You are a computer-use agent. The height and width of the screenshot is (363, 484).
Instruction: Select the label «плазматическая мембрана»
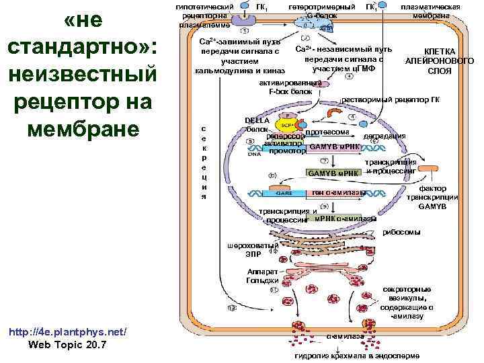point(430,11)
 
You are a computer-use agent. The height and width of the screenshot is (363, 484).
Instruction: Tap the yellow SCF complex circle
point(287,125)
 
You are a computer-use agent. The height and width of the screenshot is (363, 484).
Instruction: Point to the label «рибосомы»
point(401,233)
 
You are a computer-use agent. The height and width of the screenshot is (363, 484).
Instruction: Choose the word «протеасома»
point(326,131)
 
